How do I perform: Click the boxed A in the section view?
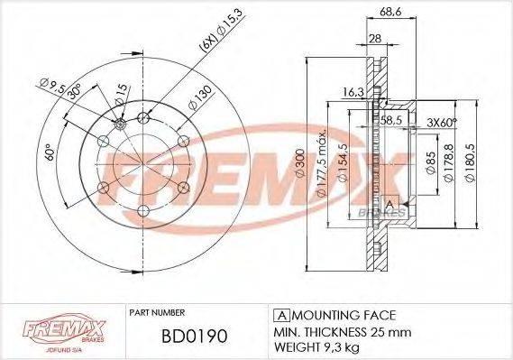tap(390, 204)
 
